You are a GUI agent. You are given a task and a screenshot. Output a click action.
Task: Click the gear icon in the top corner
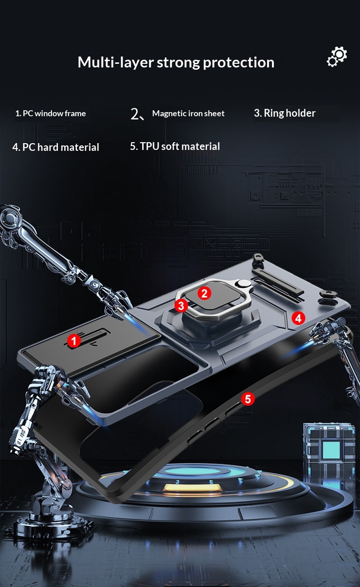pyautogui.click(x=337, y=57)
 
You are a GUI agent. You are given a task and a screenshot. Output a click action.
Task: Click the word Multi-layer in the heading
pyautogui.click(x=115, y=62)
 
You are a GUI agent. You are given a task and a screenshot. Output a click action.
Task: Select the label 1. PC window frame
pyautogui.click(x=51, y=113)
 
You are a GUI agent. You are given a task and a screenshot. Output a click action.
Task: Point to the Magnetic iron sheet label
pyautogui.click(x=188, y=113)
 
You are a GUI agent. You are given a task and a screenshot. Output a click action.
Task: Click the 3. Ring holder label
pyautogui.click(x=284, y=113)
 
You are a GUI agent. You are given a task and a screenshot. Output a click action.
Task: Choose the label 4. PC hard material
pyautogui.click(x=56, y=147)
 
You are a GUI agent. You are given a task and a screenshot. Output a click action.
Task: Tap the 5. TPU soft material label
pyautogui.click(x=175, y=146)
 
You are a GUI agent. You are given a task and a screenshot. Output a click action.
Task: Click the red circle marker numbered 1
pyautogui.click(x=74, y=340)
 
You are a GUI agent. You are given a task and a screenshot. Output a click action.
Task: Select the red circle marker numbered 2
pyautogui.click(x=204, y=293)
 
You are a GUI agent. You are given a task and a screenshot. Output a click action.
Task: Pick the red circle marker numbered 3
pyautogui.click(x=181, y=306)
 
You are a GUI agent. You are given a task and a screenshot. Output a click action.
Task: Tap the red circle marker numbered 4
pyautogui.click(x=298, y=318)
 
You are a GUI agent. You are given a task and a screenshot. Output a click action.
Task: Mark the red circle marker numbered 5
pyautogui.click(x=247, y=399)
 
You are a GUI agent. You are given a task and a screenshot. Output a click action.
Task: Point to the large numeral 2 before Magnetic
pyautogui.click(x=136, y=114)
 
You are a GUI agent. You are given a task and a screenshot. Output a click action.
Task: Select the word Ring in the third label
pyautogui.click(x=274, y=113)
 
